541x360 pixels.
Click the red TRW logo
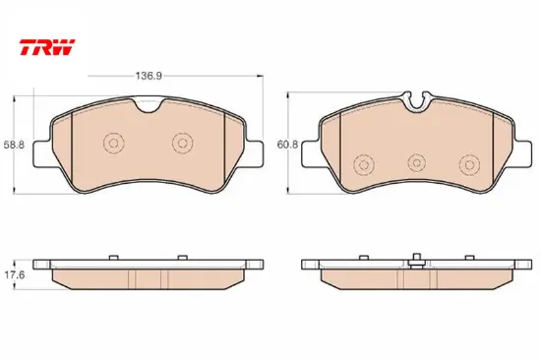(x=47, y=47)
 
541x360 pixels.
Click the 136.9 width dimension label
(x=149, y=76)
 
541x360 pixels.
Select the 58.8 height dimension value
(x=14, y=145)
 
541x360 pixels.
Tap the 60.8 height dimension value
(x=287, y=145)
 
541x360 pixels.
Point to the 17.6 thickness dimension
(x=14, y=275)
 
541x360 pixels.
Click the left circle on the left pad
(x=113, y=143)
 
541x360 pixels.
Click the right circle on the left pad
(x=183, y=143)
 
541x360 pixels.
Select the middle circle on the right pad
(x=416, y=162)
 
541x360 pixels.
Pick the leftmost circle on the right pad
(x=364, y=164)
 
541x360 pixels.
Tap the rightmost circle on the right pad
(x=469, y=164)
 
